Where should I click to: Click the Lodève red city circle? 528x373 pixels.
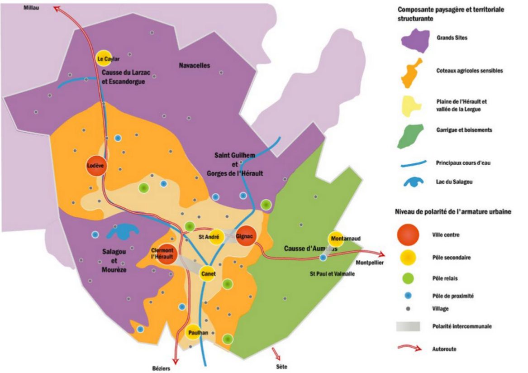[x=95, y=166]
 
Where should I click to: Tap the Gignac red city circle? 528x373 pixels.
[x=246, y=236]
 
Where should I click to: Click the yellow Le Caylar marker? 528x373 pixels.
[x=103, y=58]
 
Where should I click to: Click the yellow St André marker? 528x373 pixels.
[x=216, y=237]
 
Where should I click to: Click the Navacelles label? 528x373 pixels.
[x=195, y=66]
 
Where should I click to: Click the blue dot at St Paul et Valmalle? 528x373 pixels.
[x=323, y=257]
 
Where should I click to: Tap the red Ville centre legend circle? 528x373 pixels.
[x=408, y=234]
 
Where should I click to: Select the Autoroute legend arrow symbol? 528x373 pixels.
[x=410, y=348]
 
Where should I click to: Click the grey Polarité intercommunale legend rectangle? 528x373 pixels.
[x=408, y=326]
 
